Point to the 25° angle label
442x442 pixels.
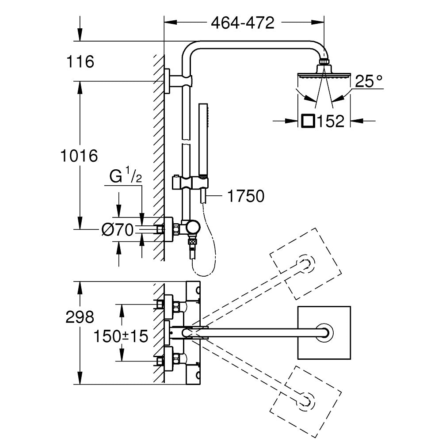click(x=368, y=81)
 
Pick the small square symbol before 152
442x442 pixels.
click(x=307, y=121)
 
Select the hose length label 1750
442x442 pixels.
click(x=245, y=196)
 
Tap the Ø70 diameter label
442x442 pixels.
click(x=118, y=229)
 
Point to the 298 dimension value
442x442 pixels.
click(x=80, y=317)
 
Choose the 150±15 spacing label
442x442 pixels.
click(x=120, y=336)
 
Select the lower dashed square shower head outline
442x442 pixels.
click(x=307, y=400)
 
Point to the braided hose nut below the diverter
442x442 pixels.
click(x=192, y=242)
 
